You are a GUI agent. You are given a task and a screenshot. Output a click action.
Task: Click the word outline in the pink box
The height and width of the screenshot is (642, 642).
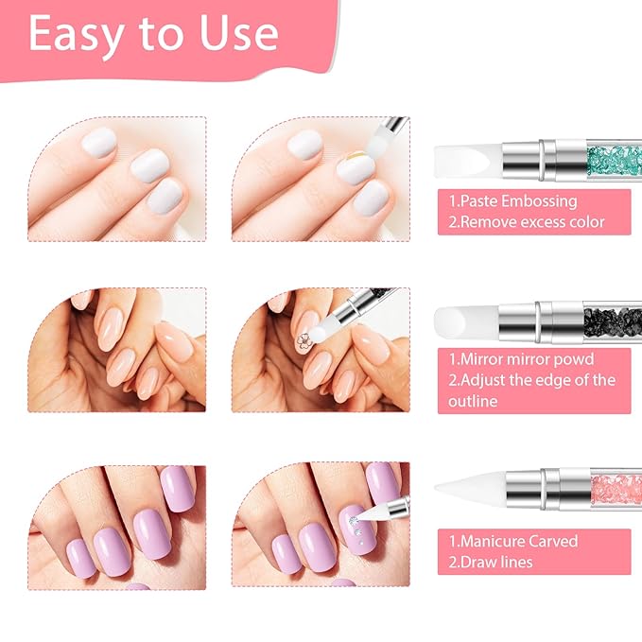[x=478, y=401]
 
